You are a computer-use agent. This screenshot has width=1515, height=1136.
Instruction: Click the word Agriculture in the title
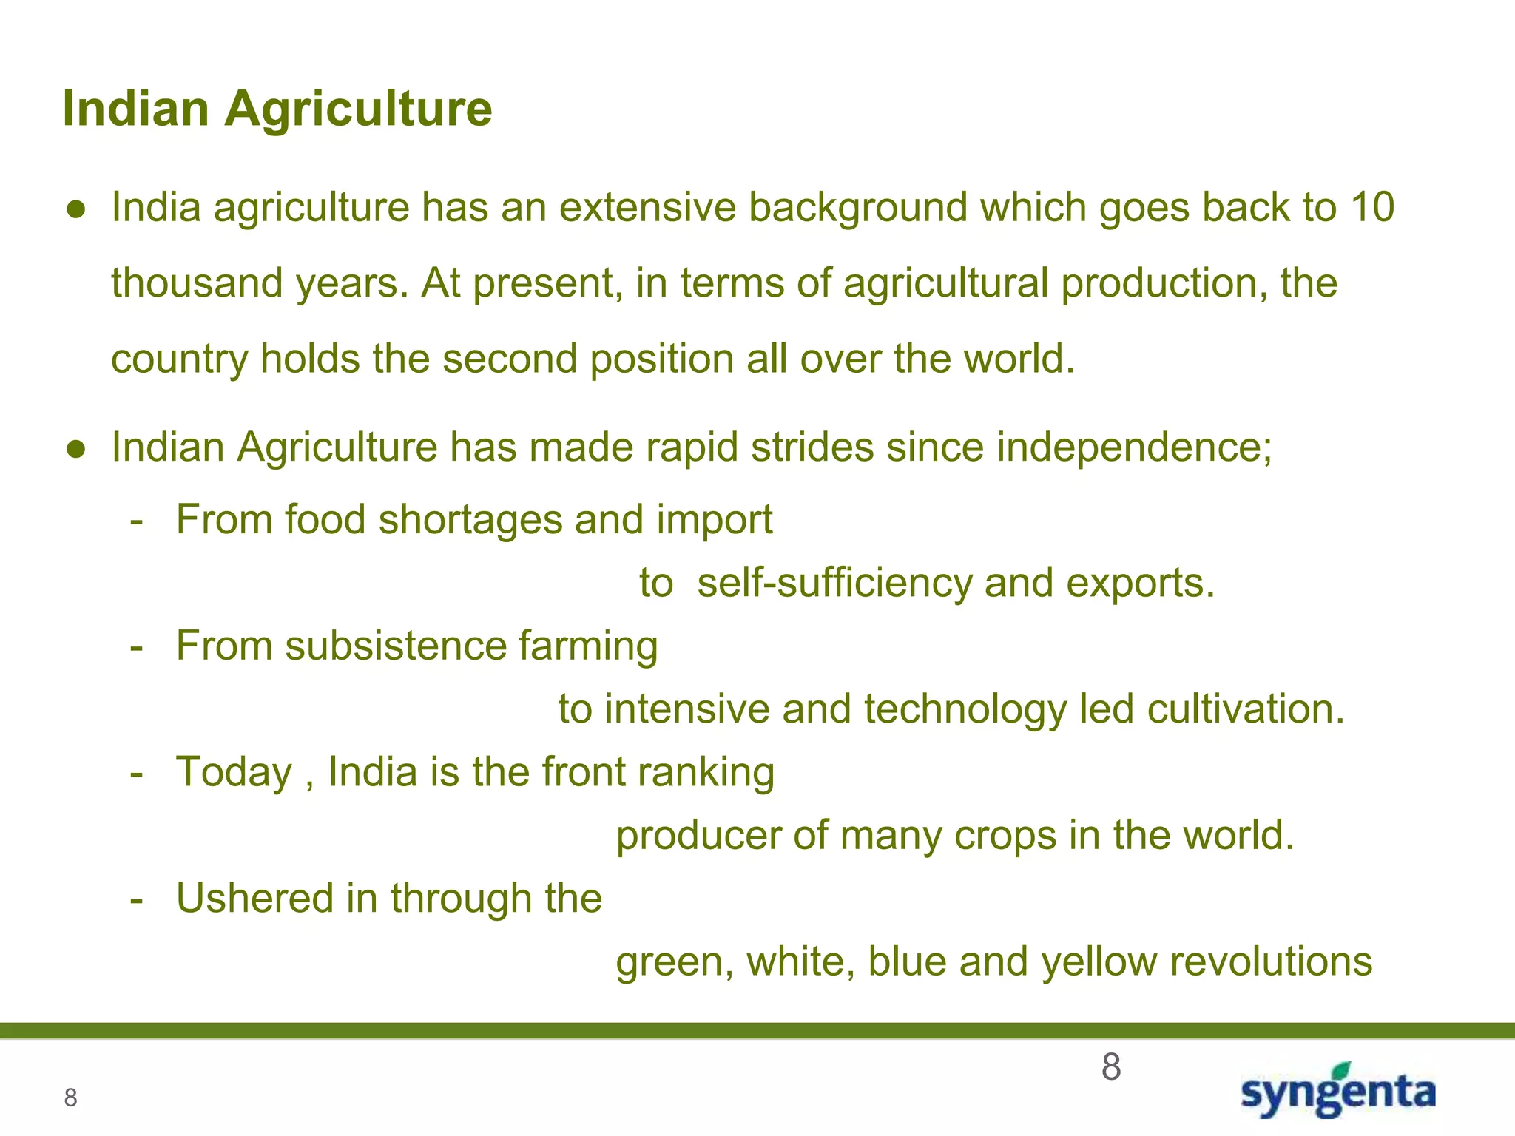click(x=358, y=109)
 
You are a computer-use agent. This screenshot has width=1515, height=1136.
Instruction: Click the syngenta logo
click(x=1338, y=1092)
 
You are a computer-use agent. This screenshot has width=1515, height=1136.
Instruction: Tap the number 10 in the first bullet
click(x=1372, y=207)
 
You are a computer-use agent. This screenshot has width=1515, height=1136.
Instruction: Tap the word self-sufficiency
click(x=834, y=583)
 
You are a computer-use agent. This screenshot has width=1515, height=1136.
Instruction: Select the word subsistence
click(x=396, y=646)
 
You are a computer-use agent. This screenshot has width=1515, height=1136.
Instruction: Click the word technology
click(x=965, y=709)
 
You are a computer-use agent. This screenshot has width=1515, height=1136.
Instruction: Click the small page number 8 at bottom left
click(x=70, y=1098)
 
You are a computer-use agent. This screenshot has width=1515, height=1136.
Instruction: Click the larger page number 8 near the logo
click(x=1110, y=1068)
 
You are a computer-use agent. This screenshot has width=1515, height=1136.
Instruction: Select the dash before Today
click(x=135, y=774)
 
